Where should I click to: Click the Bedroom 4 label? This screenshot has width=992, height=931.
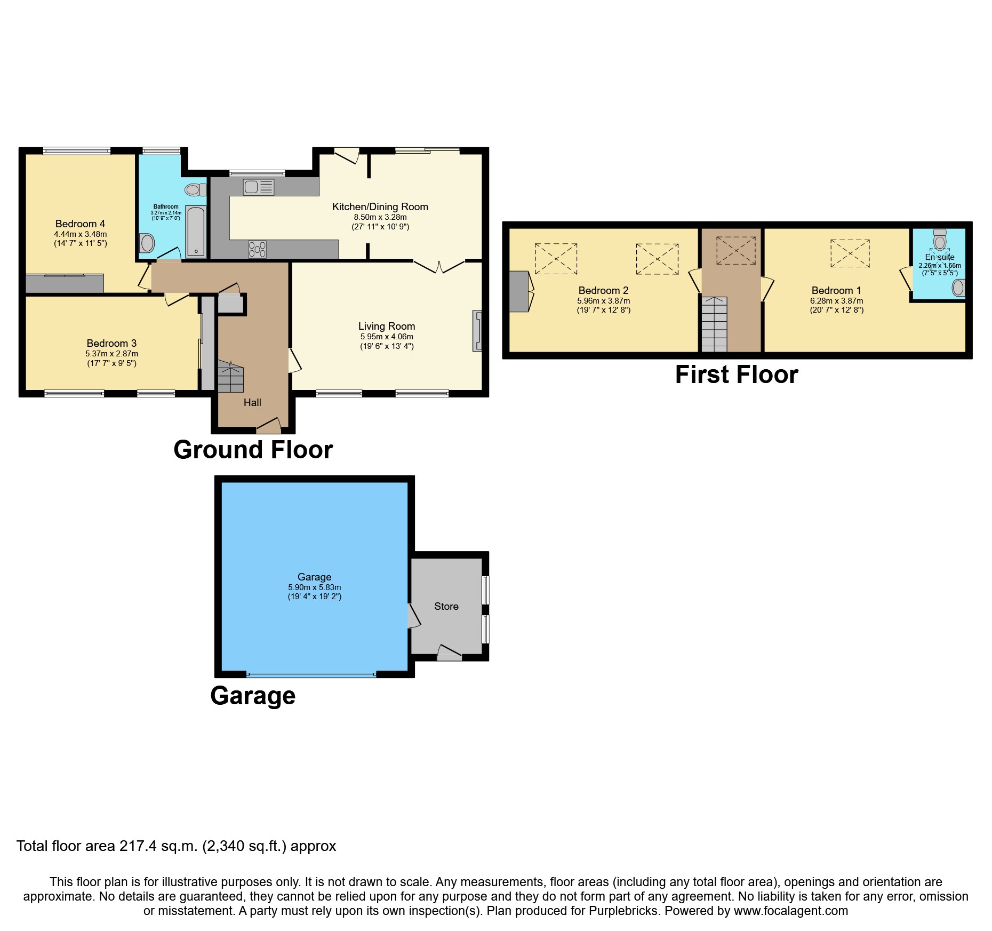(x=76, y=224)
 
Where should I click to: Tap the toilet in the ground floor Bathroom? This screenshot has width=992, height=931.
(x=195, y=189)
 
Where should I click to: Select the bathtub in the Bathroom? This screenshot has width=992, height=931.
(x=196, y=230)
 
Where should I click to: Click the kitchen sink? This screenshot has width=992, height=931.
(x=259, y=187)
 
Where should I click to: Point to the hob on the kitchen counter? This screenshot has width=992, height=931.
(x=258, y=249)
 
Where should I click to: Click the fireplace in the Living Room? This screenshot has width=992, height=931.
(x=477, y=331)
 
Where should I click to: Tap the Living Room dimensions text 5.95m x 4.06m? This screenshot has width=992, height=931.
(x=386, y=337)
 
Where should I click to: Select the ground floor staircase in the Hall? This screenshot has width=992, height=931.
(x=230, y=376)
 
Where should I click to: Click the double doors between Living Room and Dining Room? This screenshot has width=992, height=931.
(x=439, y=265)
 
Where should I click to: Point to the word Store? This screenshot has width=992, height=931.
(x=446, y=606)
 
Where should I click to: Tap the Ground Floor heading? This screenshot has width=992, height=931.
(x=253, y=450)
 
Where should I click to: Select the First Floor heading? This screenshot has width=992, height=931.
(x=737, y=375)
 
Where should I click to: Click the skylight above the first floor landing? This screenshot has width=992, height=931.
(x=735, y=250)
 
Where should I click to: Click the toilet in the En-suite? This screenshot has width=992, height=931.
(x=940, y=240)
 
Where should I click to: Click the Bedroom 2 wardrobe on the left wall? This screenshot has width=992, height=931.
(x=518, y=291)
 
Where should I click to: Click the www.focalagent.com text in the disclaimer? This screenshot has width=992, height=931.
(x=790, y=911)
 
